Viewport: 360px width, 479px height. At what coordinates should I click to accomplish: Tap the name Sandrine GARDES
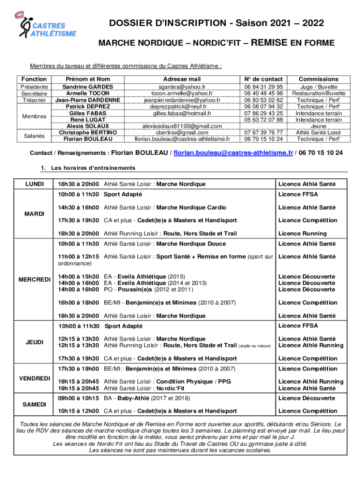click(88, 87)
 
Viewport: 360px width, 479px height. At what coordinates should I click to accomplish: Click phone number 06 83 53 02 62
click(263, 100)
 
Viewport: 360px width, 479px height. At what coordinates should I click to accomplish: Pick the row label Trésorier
click(34, 100)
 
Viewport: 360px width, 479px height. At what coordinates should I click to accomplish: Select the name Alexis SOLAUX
click(88, 126)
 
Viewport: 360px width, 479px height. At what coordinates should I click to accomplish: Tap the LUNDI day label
click(34, 184)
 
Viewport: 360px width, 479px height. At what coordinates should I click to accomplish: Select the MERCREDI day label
click(34, 280)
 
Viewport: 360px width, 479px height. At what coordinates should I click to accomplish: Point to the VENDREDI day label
click(34, 378)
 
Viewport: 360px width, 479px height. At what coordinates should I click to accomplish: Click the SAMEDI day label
click(34, 404)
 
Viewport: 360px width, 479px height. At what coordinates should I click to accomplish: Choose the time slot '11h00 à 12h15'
click(78, 256)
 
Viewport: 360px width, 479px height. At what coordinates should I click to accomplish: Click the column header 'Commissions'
click(318, 79)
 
